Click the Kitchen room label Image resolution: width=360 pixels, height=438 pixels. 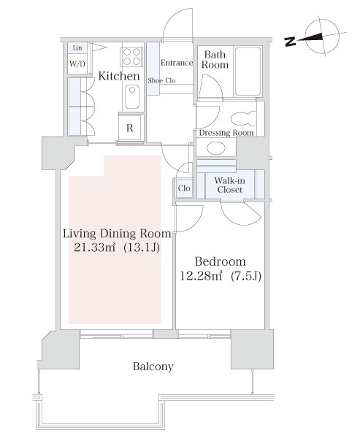(x=119, y=76)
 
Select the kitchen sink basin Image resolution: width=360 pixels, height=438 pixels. (x=132, y=96)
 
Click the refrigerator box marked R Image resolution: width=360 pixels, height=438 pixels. (x=130, y=128)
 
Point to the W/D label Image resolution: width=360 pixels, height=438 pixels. (x=77, y=64)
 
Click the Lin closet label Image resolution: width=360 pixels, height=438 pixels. (x=77, y=47)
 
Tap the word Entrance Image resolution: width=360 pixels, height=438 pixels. (x=177, y=63)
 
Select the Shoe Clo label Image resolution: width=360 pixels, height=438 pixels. (x=161, y=80)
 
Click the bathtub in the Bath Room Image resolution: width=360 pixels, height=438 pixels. (x=248, y=72)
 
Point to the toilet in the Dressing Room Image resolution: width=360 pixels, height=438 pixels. (x=244, y=119)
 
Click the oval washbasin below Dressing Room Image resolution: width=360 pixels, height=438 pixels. (x=216, y=148)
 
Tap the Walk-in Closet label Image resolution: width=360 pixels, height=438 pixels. (x=230, y=185)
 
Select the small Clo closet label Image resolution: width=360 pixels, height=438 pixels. (x=184, y=188)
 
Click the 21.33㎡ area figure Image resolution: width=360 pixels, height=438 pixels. (x=95, y=247)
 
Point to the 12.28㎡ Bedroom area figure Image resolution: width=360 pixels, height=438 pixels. (x=202, y=276)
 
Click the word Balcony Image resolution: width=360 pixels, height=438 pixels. (x=153, y=366)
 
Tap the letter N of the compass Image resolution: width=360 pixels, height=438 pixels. (x=291, y=42)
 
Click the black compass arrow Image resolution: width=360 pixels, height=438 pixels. (x=310, y=38)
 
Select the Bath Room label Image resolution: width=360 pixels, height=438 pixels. (x=215, y=60)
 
